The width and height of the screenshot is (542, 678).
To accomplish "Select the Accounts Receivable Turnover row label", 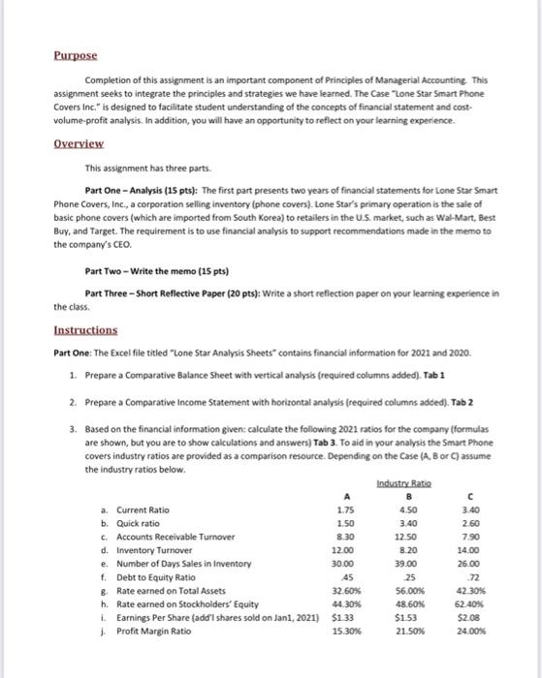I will click(172, 537).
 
